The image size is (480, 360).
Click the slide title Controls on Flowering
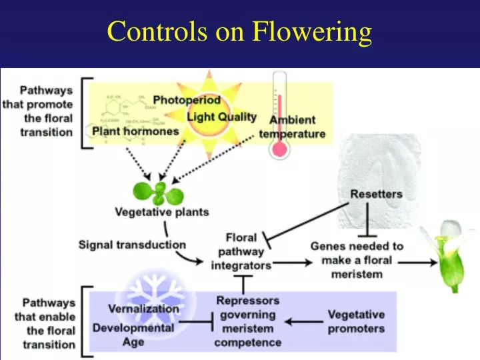239,31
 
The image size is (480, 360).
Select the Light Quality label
221,117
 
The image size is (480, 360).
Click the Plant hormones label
135,131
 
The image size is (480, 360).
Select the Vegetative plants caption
162,213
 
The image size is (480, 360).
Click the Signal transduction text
132,245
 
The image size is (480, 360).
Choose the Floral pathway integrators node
241,251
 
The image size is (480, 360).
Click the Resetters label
376,194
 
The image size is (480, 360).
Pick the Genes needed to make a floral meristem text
357,260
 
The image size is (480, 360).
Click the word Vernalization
143,309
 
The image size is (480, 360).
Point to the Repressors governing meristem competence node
247,321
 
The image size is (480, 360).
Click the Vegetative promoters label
356,321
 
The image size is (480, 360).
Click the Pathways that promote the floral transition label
46,110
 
